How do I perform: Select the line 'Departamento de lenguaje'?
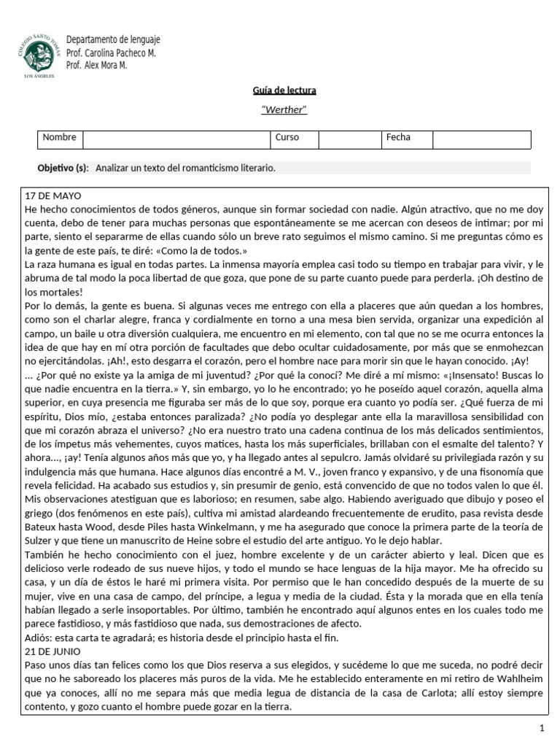[113, 39]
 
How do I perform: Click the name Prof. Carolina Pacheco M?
[111, 53]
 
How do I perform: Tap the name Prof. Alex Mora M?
[96, 65]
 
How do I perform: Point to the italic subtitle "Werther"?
[284, 110]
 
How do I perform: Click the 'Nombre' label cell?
[60, 138]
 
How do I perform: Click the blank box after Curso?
[349, 138]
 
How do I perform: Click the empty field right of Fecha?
[481, 138]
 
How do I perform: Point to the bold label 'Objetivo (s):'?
[63, 168]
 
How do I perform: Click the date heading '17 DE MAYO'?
[54, 197]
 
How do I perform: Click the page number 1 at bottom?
[542, 728]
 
